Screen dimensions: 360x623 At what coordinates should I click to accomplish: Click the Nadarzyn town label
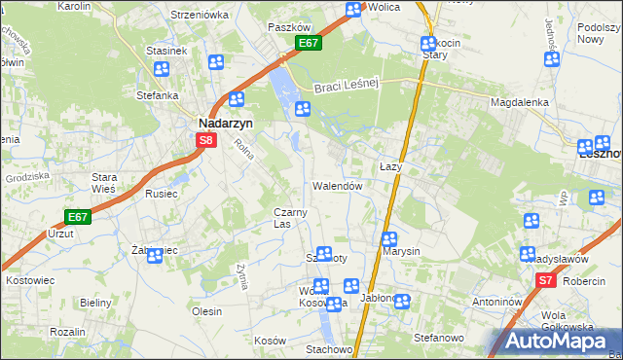pos(227,124)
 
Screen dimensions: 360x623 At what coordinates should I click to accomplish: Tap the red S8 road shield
pos(205,140)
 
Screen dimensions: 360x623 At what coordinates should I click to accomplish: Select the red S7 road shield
pos(546,280)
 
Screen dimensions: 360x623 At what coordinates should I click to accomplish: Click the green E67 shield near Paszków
pos(309,44)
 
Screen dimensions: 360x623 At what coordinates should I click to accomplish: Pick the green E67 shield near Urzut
pos(78,217)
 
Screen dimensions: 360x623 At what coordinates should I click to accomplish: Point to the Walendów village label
pos(338,185)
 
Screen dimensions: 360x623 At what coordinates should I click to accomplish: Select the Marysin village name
pos(401,251)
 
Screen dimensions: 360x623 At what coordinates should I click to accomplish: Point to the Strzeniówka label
pos(199,15)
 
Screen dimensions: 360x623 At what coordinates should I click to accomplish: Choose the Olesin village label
pos(207,311)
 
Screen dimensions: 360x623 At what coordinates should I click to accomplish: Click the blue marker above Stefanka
pos(161,69)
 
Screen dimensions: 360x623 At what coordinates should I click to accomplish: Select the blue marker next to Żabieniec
pos(154,256)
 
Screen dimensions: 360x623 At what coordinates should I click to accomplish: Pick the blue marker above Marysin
pos(388,238)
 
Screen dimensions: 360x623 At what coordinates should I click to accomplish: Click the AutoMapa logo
pos(552,341)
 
